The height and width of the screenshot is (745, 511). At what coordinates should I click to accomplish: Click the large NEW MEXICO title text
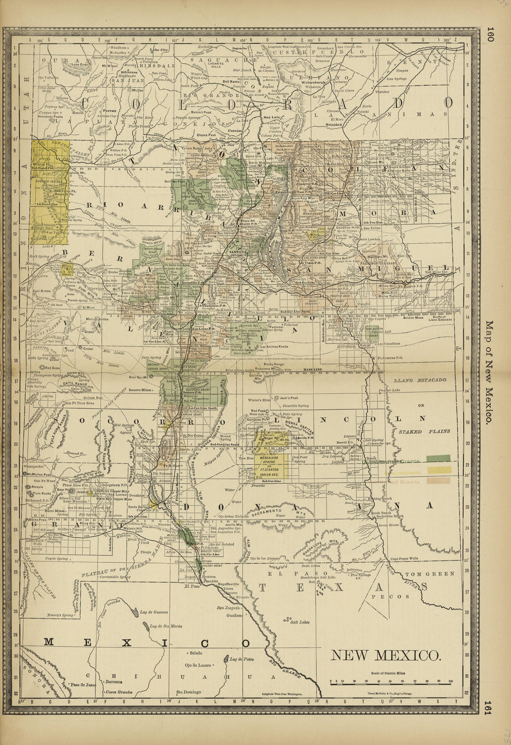click(385, 655)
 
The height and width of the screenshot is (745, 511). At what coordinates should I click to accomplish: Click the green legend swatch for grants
click(440, 459)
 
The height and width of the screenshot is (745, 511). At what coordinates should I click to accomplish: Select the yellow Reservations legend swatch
click(440, 470)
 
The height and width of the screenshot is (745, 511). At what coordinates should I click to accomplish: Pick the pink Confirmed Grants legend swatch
click(440, 481)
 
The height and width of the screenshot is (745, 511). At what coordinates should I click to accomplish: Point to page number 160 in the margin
click(489, 34)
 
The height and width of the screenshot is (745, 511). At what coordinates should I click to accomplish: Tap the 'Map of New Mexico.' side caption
click(488, 371)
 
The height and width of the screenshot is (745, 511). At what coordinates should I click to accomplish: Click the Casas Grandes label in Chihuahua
click(119, 692)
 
